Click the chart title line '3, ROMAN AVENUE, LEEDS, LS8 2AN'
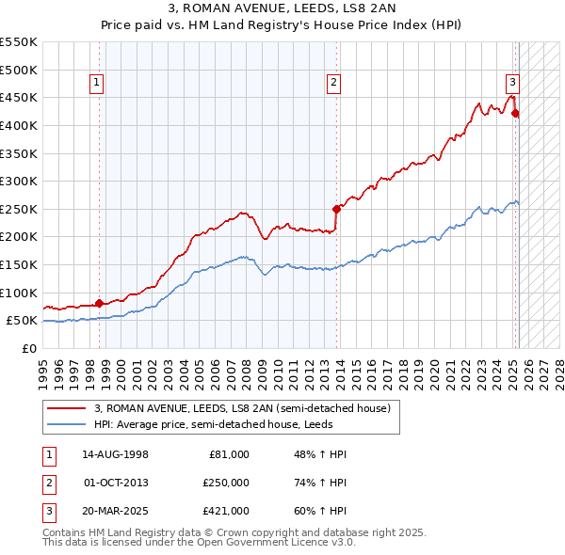pyautogui.click(x=282, y=9)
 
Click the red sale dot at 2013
pyautogui.click(x=336, y=209)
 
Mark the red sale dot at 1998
pyautogui.click(x=99, y=303)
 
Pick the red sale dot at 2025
pyautogui.click(x=515, y=114)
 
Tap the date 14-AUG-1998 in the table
pyautogui.click(x=117, y=454)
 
